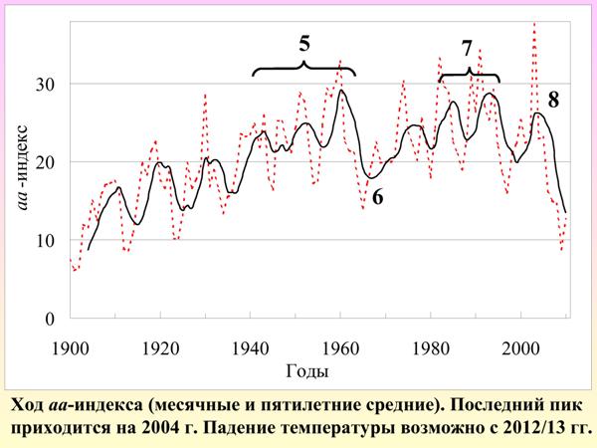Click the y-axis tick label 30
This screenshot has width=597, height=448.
(x=47, y=84)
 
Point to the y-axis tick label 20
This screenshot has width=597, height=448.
(x=47, y=162)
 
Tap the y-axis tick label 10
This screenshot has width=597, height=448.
(x=47, y=241)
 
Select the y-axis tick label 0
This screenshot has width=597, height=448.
(x=52, y=320)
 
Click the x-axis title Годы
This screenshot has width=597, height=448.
(x=305, y=371)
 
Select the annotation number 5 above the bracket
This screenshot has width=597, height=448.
(x=304, y=44)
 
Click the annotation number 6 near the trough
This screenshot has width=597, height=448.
(x=377, y=198)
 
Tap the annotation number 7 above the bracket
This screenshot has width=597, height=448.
(x=467, y=49)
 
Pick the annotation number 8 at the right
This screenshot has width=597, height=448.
(x=553, y=99)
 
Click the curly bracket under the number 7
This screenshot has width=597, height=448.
(x=469, y=76)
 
